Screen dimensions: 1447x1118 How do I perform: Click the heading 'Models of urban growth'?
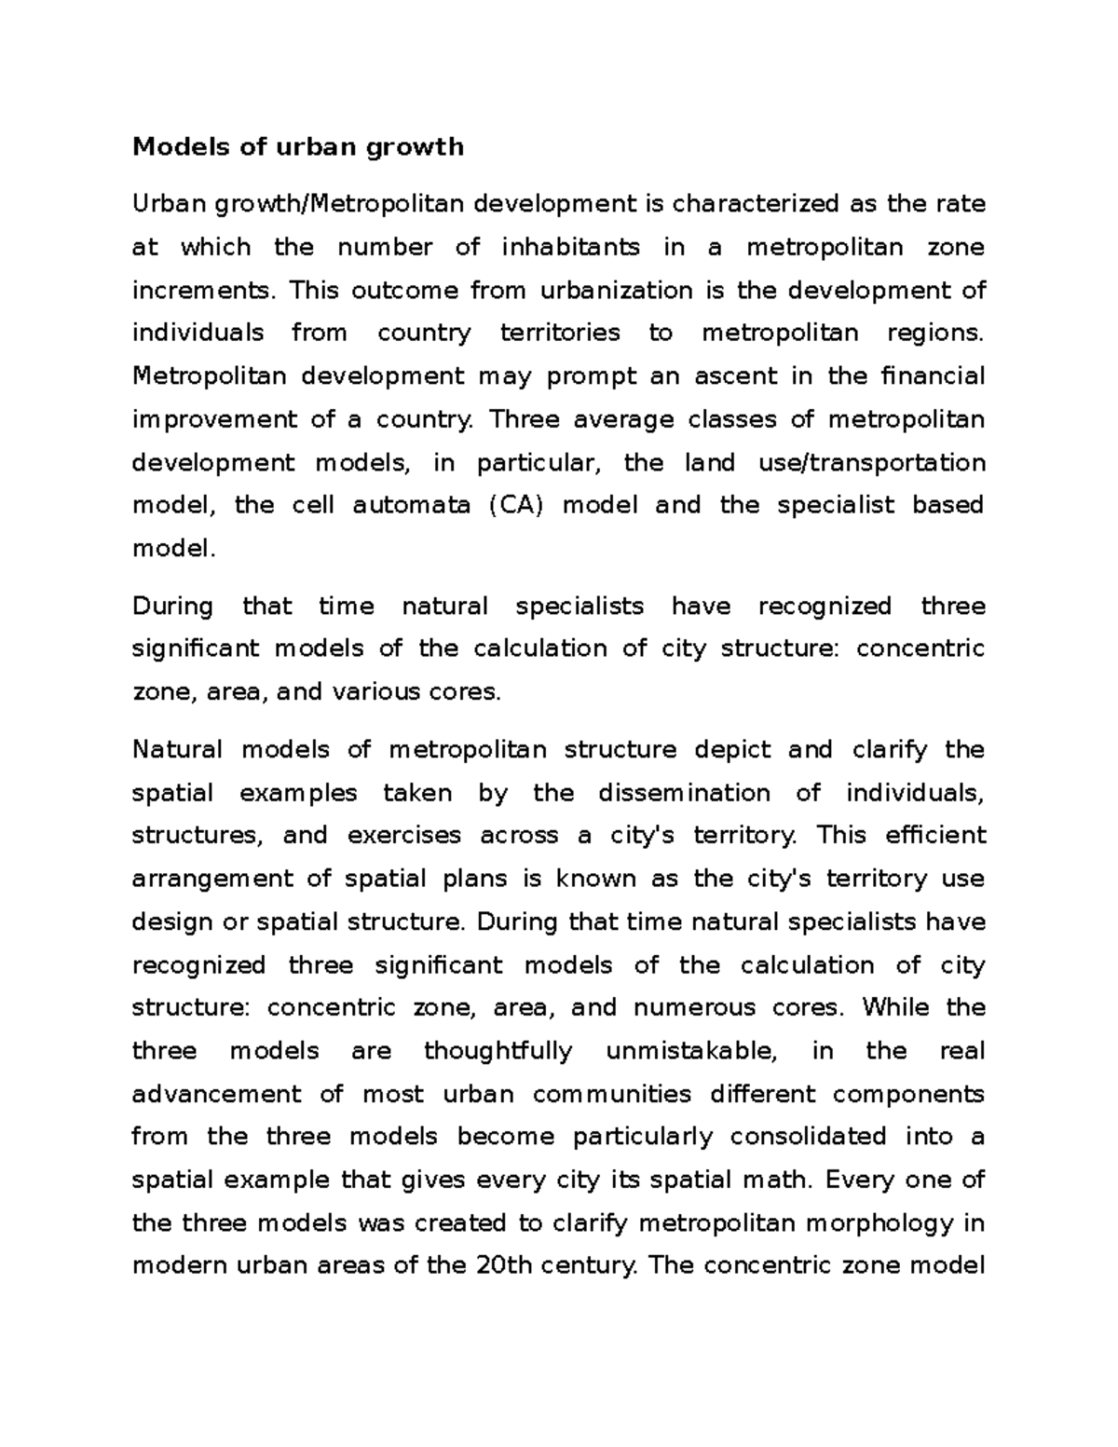[297, 147]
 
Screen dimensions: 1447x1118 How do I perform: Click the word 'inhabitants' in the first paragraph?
[570, 247]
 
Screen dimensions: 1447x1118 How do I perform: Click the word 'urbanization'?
[615, 290]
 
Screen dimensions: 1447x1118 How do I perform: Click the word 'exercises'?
[403, 836]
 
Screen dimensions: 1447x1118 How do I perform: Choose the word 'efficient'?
[934, 836]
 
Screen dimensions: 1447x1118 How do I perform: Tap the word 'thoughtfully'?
[498, 1051]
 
